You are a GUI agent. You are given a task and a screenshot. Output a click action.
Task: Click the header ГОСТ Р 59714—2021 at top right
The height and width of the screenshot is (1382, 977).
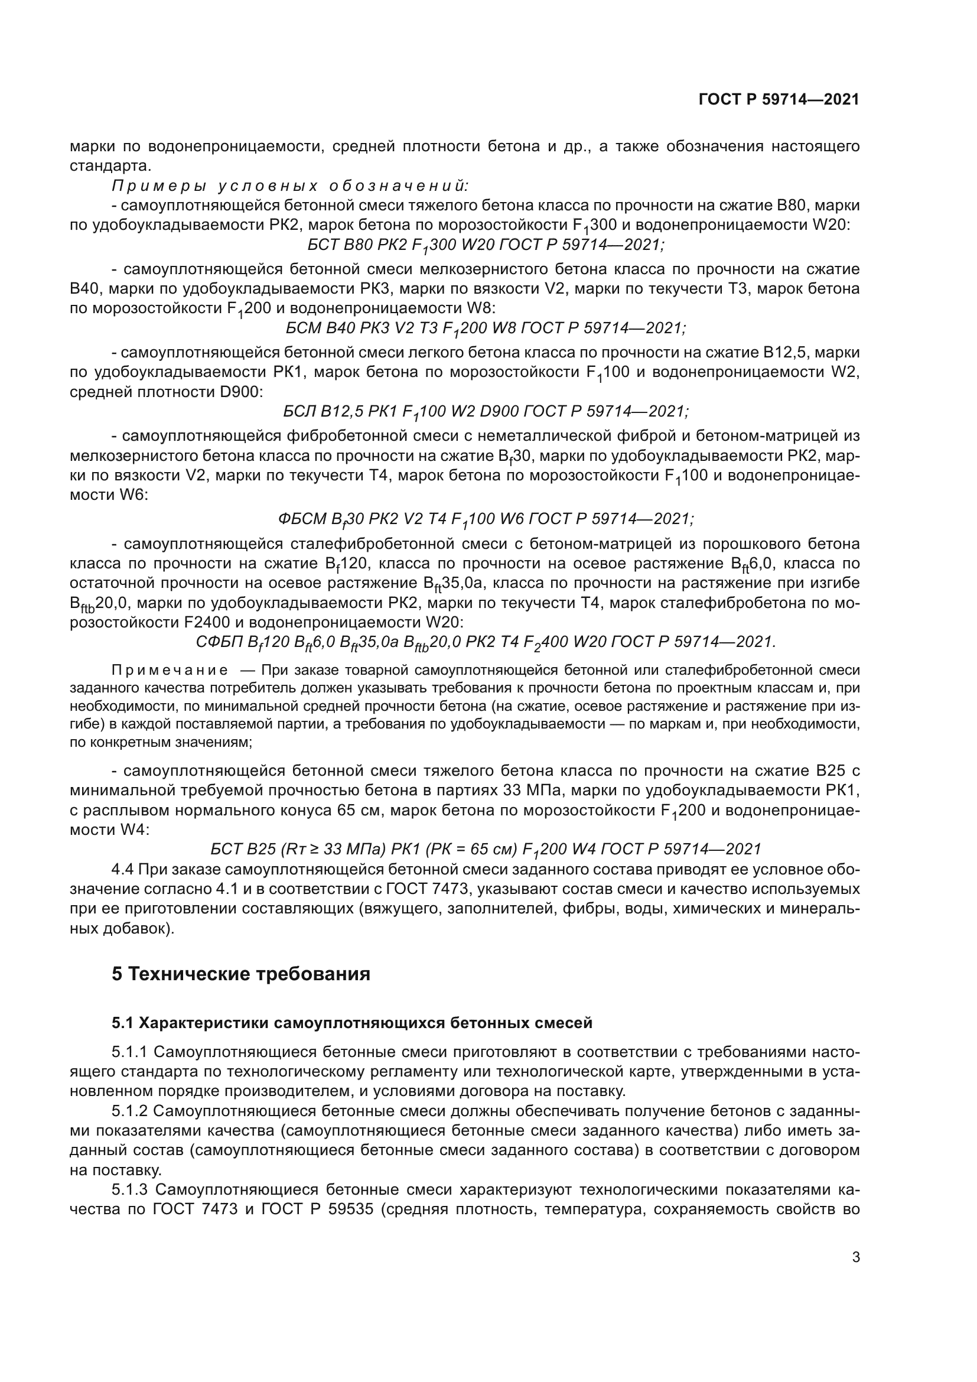tap(779, 99)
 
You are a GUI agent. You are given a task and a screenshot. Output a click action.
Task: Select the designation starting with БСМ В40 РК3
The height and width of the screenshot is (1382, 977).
tap(486, 329)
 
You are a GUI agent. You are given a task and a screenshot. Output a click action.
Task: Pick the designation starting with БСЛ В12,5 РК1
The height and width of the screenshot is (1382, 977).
tap(486, 412)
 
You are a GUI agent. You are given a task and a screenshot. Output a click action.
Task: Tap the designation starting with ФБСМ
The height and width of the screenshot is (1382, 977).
tap(486, 519)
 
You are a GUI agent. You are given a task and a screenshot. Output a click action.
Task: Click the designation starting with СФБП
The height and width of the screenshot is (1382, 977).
tap(486, 642)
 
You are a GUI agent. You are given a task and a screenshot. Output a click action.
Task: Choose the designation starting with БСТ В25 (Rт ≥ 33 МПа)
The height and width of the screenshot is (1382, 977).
tap(486, 849)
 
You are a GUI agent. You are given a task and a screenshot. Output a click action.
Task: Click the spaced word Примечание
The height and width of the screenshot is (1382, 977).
tap(170, 670)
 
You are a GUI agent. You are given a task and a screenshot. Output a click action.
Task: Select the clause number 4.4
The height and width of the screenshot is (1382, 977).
tap(123, 869)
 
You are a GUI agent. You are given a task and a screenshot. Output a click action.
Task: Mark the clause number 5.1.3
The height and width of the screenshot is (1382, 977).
tap(129, 1190)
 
